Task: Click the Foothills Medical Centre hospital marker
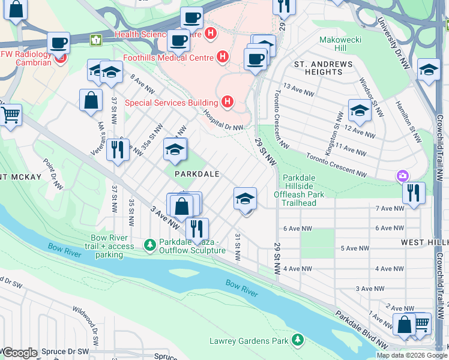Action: click(x=223, y=58)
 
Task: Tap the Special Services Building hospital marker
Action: click(x=227, y=103)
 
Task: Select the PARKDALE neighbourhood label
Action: click(x=196, y=173)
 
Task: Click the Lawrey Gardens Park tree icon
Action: click(x=297, y=340)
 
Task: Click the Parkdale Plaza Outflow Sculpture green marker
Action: click(x=150, y=244)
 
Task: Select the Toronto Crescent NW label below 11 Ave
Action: click(x=336, y=164)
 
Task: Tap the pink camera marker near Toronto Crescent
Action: click(x=402, y=175)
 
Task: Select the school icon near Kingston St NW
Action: click(x=359, y=110)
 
